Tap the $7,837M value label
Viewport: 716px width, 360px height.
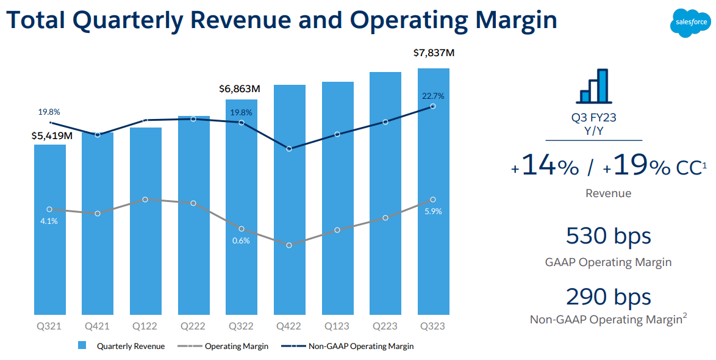pyautogui.click(x=434, y=53)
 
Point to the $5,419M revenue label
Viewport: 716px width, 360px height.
pyautogui.click(x=52, y=135)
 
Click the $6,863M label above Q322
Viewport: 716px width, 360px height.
pyautogui.click(x=240, y=89)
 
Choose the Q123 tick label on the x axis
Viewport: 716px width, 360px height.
pyautogui.click(x=337, y=326)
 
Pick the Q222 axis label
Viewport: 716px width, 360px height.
pyautogui.click(x=193, y=326)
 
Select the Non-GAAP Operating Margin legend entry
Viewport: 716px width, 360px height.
pyautogui.click(x=360, y=346)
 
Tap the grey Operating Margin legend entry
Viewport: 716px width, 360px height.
pyautogui.click(x=236, y=346)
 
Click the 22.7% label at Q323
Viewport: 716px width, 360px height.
pyautogui.click(x=433, y=96)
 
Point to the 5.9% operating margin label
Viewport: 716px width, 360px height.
pyautogui.click(x=433, y=211)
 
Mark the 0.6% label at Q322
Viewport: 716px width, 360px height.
pyautogui.click(x=241, y=240)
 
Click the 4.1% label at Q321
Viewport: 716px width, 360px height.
pyautogui.click(x=49, y=221)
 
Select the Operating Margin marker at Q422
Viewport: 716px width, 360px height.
pyautogui.click(x=289, y=245)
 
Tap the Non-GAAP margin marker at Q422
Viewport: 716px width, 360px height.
pyautogui.click(x=289, y=149)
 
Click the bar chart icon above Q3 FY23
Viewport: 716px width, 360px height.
pyautogui.click(x=593, y=86)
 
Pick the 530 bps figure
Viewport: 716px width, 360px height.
pyautogui.click(x=608, y=236)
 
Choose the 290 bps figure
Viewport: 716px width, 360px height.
pyautogui.click(x=608, y=297)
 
